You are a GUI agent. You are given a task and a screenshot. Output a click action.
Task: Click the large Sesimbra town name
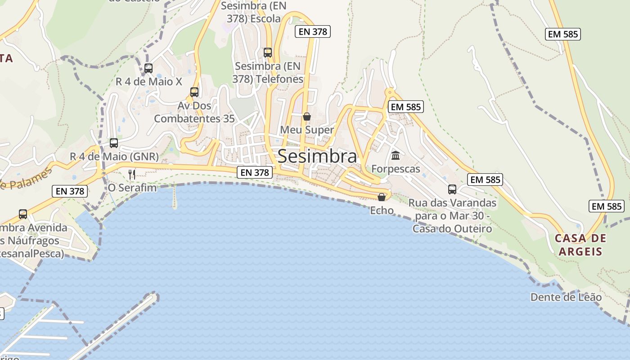click(317, 156)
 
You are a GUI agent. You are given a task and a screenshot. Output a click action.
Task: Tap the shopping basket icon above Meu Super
click(307, 117)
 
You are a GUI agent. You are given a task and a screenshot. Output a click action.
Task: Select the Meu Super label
click(307, 130)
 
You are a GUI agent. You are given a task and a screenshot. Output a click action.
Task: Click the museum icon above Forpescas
click(396, 156)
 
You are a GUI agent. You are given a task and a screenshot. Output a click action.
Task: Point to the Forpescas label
click(396, 169)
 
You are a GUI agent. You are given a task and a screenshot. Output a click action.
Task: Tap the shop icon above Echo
click(382, 197)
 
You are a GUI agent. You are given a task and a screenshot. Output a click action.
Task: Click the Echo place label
click(382, 210)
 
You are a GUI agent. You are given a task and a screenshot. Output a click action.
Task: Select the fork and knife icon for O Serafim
click(132, 174)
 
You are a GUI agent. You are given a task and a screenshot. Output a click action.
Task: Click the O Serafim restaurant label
click(132, 188)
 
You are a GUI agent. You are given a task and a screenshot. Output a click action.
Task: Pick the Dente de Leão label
click(566, 297)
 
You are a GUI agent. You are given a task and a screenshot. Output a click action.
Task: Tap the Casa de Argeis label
click(580, 244)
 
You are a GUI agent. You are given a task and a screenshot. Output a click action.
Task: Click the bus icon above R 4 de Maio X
click(148, 68)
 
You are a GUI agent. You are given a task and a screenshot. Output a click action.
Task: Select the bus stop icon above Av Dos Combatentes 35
click(194, 92)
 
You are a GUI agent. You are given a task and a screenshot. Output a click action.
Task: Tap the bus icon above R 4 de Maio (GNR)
click(114, 143)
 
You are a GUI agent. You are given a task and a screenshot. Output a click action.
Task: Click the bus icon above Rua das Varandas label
click(452, 189)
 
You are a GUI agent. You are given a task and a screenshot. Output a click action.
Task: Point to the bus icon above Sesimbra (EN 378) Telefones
click(268, 53)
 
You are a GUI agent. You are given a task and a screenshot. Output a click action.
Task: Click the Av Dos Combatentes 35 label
click(194, 112)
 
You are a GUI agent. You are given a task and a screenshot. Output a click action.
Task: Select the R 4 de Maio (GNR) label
click(114, 157)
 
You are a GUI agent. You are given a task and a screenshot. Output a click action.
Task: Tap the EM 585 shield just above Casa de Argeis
click(606, 207)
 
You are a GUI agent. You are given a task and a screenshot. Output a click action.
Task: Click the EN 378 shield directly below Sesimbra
click(255, 172)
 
